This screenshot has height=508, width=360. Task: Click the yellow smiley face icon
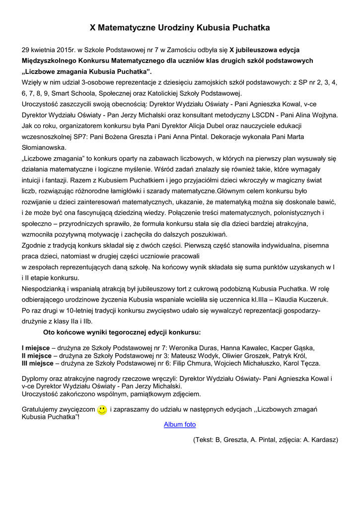[x=102, y=410]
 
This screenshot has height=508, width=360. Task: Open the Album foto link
[x=180, y=425]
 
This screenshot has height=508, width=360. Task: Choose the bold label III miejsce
[x=38, y=363]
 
